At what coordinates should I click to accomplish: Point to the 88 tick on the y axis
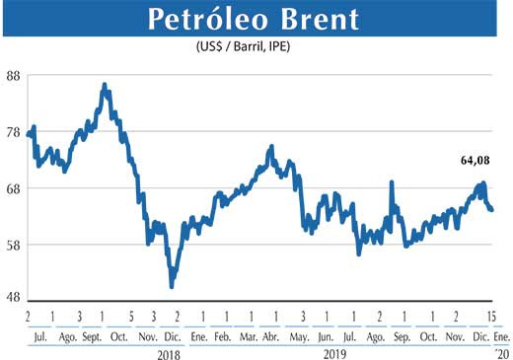click(14, 76)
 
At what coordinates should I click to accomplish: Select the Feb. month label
click(222, 336)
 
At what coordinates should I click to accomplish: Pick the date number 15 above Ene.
click(491, 317)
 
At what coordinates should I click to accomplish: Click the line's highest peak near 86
click(105, 86)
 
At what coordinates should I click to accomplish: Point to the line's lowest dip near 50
click(173, 286)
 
